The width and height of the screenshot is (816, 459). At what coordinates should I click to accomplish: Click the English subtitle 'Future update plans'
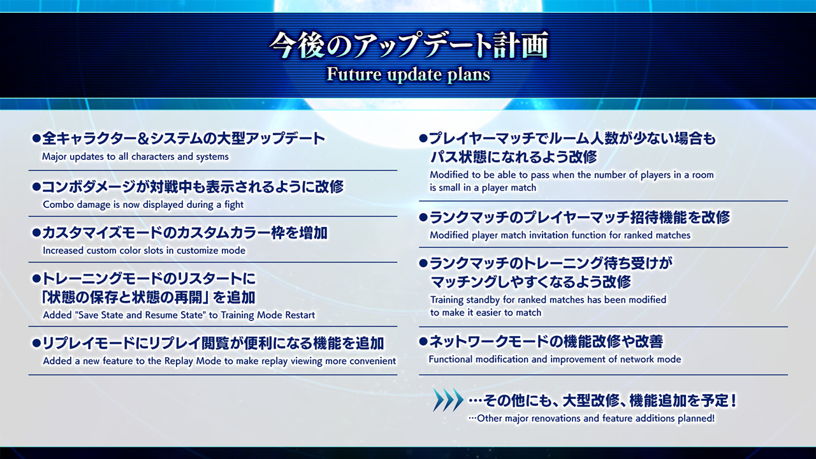click(408, 75)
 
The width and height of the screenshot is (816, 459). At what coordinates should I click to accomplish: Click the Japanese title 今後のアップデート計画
click(409, 45)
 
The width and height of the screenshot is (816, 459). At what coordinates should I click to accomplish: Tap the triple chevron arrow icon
click(448, 400)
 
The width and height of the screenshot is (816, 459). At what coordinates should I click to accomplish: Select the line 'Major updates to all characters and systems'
click(136, 157)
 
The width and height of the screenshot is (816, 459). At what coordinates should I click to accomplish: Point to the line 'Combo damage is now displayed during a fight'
click(143, 205)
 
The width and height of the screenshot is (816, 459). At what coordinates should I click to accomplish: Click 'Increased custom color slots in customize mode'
click(144, 251)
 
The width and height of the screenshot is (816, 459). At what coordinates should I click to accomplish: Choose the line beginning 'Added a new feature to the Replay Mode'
click(219, 361)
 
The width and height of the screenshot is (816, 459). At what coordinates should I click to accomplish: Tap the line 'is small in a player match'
click(483, 187)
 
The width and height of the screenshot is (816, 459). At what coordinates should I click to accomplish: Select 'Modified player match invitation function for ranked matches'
click(560, 235)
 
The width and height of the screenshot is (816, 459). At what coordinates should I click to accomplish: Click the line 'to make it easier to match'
click(486, 312)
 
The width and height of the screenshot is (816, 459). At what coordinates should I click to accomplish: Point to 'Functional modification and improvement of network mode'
click(555, 359)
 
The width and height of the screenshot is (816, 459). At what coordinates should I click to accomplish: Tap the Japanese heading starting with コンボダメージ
click(193, 187)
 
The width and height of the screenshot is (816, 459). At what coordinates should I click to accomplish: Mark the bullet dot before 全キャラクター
click(36, 138)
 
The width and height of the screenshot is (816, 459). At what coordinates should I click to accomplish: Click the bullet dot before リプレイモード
click(36, 343)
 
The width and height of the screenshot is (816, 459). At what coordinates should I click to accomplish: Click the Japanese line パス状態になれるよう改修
click(513, 157)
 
